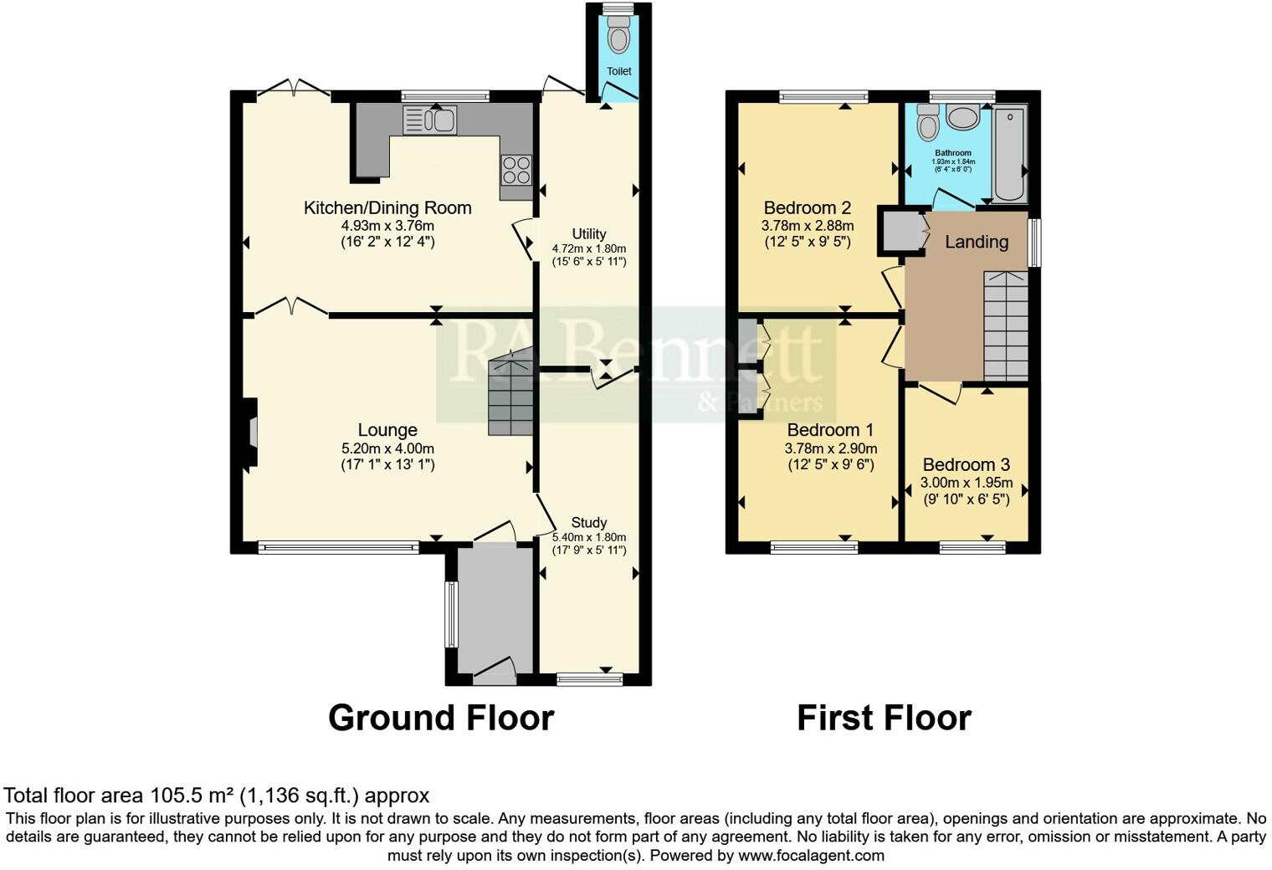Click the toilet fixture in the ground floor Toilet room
619,38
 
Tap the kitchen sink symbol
429,120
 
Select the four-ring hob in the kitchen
515,170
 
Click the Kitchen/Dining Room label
387,207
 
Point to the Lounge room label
387,430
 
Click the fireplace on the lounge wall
250,432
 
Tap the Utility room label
589,234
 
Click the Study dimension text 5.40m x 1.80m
589,537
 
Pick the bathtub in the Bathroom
1010,154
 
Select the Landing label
977,242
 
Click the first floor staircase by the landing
1006,325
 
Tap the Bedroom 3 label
967,465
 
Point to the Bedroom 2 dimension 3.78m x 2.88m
808,226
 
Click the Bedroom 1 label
830,430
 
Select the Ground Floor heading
441,718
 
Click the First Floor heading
884,718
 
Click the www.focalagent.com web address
811,855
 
